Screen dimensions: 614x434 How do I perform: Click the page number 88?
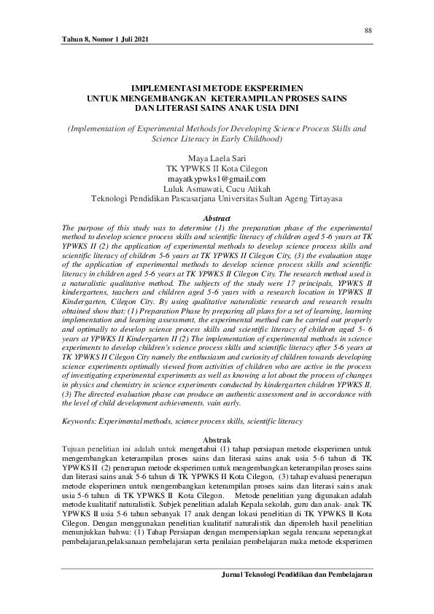tap(368, 30)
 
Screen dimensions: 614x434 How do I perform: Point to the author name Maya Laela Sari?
tap(217, 157)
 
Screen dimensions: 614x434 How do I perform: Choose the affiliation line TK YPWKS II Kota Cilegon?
tap(217, 167)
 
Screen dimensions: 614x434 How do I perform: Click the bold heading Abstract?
tap(217, 218)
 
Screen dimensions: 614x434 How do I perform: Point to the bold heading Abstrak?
tap(217, 440)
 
